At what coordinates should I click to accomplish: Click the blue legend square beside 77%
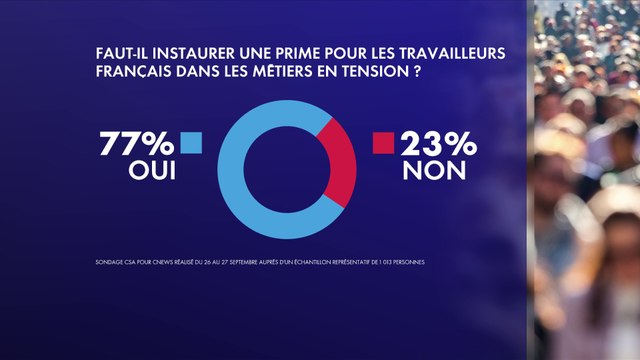pos(192,143)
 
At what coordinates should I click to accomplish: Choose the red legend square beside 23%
pos(381,143)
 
